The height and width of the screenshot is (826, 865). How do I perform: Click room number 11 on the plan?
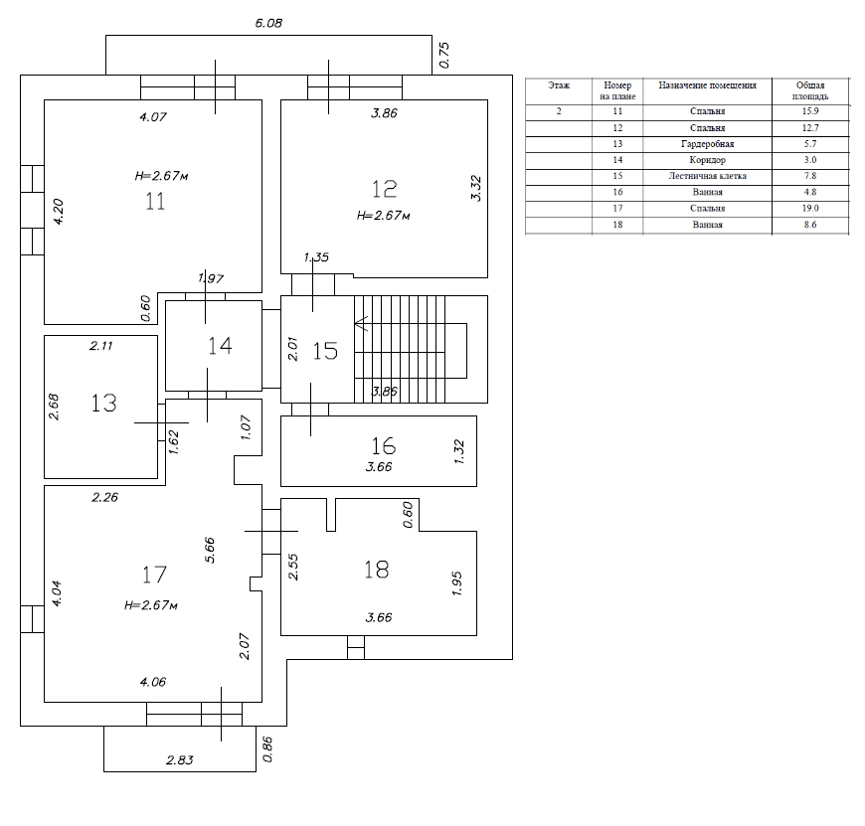[154, 202]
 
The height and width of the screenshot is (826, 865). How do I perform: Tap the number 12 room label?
[385, 188]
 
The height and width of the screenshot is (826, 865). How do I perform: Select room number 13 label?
[104, 403]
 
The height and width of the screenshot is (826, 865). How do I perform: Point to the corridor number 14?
[220, 346]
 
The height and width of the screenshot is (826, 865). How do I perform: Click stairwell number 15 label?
[325, 351]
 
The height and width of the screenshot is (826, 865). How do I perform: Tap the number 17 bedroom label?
[153, 575]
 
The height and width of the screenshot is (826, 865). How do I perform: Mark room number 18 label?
[377, 570]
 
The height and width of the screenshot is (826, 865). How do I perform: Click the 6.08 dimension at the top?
[268, 22]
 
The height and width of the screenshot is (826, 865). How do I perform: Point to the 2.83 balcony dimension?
[181, 760]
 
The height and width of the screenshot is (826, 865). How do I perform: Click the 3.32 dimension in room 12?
[476, 188]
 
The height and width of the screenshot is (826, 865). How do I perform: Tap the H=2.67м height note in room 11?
[162, 176]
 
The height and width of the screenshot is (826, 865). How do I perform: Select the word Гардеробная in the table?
[707, 144]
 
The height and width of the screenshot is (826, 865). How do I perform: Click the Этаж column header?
[559, 85]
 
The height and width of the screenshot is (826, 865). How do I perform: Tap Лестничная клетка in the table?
[707, 176]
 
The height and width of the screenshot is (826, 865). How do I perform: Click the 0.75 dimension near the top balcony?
[444, 54]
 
